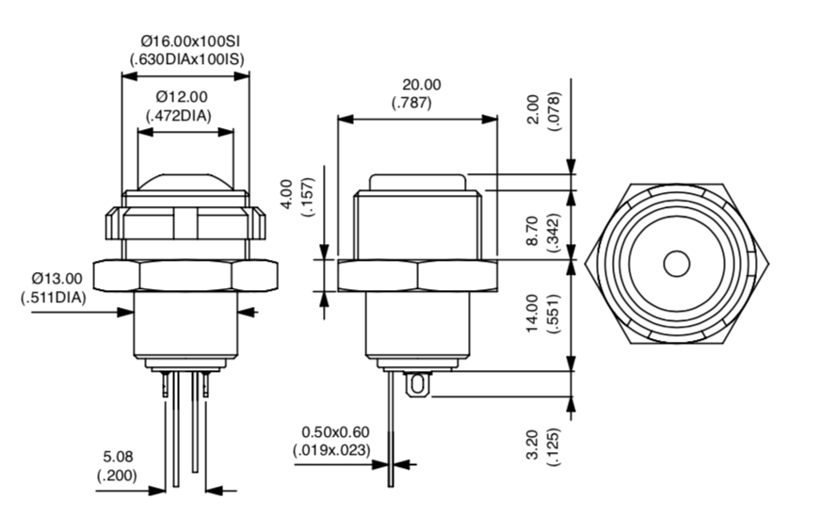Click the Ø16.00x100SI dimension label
pyautogui.click(x=190, y=41)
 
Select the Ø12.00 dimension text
pyautogui.click(x=182, y=97)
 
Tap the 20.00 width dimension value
pyautogui.click(x=421, y=85)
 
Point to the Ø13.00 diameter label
pyautogui.click(x=56, y=278)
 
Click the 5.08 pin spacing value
pyautogui.click(x=118, y=457)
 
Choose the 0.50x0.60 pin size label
pyautogui.click(x=335, y=432)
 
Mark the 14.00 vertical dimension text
pyautogui.click(x=532, y=314)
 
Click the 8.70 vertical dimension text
pyautogui.click(x=532, y=231)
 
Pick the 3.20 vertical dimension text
pyautogui.click(x=532, y=444)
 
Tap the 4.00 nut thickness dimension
pyautogui.click(x=287, y=194)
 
